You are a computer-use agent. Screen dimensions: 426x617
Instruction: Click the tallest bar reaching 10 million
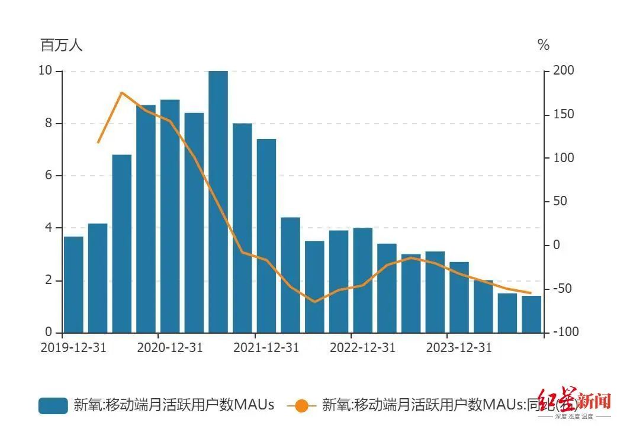click(x=218, y=201)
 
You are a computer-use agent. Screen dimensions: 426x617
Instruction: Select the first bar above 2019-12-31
click(x=73, y=284)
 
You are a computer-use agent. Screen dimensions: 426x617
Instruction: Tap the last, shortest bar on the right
click(x=531, y=314)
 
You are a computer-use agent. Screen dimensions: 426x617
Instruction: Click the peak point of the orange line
click(x=121, y=92)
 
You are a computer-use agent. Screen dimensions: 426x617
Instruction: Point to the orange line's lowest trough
click(x=314, y=302)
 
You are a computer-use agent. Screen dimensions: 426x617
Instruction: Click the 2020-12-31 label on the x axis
click(x=170, y=348)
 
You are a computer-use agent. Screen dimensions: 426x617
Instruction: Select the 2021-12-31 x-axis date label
click(x=266, y=348)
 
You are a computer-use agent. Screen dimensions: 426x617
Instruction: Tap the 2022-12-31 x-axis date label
click(x=362, y=348)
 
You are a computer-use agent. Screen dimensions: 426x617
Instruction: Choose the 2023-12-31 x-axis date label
click(x=459, y=348)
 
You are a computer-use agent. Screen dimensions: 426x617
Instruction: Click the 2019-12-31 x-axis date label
click(x=73, y=348)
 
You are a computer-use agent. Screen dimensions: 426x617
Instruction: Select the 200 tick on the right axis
click(x=563, y=71)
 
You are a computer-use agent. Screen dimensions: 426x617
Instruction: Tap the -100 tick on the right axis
click(x=565, y=333)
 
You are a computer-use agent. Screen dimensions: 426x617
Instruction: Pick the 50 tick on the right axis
click(x=561, y=202)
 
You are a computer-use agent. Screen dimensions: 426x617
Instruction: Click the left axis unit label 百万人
click(x=62, y=45)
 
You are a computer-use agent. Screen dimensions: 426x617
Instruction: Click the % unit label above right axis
click(x=543, y=45)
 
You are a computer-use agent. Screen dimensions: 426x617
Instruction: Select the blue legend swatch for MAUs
click(x=53, y=405)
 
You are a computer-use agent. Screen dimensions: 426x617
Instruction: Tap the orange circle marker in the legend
click(x=301, y=405)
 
